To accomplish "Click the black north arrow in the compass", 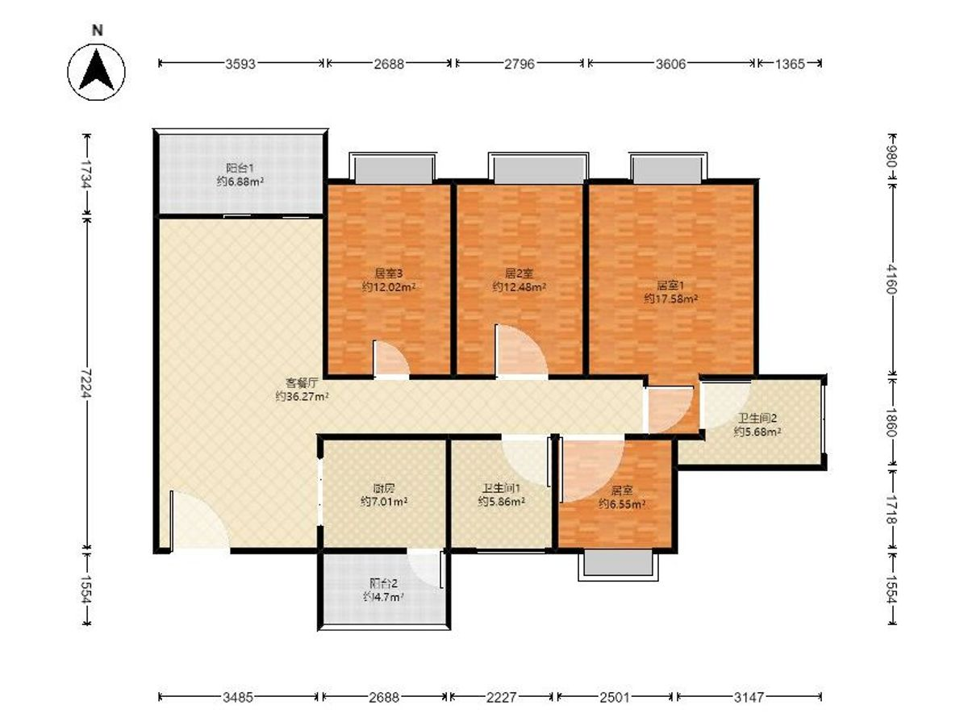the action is [x=96, y=70].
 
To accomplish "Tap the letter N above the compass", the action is [x=98, y=31].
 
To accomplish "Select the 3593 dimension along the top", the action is [x=240, y=64].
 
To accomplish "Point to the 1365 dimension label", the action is [x=790, y=64].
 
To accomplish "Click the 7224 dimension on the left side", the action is [x=86, y=383].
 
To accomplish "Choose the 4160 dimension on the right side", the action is [x=891, y=279].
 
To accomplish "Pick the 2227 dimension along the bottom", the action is [x=502, y=697].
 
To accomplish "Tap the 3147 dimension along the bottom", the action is [x=749, y=697].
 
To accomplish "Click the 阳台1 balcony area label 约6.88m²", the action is [x=240, y=181].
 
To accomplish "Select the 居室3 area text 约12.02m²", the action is [x=389, y=287].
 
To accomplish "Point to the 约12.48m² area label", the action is [x=519, y=287].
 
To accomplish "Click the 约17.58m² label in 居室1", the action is [x=671, y=298].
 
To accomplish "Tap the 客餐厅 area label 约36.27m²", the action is [x=302, y=396].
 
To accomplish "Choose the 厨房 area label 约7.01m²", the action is [x=384, y=502].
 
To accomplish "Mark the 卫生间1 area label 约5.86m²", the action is [x=502, y=502].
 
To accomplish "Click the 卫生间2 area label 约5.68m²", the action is [x=757, y=432].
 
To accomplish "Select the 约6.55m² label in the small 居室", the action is [x=622, y=504].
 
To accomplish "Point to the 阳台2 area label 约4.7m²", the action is [x=383, y=597].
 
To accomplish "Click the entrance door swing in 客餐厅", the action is [x=198, y=521].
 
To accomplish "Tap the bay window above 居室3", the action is [x=393, y=168].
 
